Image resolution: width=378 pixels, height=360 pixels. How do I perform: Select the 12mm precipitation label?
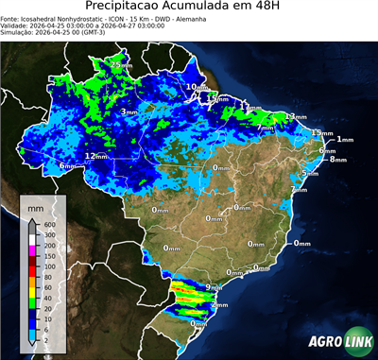[x=95, y=156]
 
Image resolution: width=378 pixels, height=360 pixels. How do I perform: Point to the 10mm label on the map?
[x=196, y=87]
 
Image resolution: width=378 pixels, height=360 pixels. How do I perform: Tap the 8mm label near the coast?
[x=338, y=160]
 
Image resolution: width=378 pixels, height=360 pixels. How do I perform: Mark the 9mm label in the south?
[x=214, y=287]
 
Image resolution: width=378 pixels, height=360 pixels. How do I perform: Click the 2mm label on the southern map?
[x=219, y=305]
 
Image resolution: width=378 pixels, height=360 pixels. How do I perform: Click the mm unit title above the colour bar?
[x=35, y=206]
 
